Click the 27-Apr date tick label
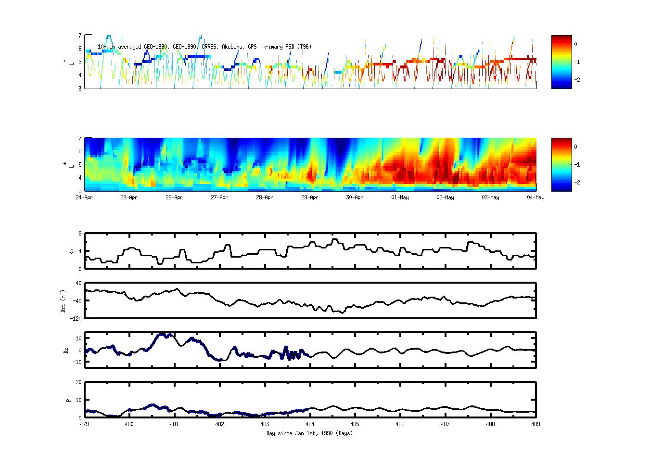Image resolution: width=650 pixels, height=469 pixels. (x=219, y=197)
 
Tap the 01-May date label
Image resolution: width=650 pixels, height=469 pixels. (x=400, y=197)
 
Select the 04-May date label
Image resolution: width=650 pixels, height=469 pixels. (x=535, y=197)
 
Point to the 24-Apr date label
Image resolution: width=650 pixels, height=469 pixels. (x=84, y=197)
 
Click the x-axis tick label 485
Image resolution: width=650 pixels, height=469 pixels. (x=355, y=424)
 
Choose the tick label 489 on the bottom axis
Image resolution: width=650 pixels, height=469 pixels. (x=535, y=424)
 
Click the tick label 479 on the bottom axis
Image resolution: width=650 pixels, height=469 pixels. (x=84, y=424)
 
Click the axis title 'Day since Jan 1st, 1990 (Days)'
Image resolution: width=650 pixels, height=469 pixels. (x=309, y=433)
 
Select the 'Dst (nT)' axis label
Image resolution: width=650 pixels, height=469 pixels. (x=63, y=301)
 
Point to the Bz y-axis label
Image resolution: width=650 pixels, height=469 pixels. (x=66, y=351)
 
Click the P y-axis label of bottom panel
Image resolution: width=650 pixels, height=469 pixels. (x=68, y=400)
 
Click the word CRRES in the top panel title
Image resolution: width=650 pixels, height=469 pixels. (x=210, y=47)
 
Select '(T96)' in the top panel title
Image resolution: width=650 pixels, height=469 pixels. (x=304, y=47)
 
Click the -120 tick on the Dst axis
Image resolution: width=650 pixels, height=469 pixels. (x=76, y=318)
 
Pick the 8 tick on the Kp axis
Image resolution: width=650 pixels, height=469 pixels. (x=80, y=234)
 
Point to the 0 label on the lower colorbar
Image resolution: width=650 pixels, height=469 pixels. (x=575, y=147)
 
